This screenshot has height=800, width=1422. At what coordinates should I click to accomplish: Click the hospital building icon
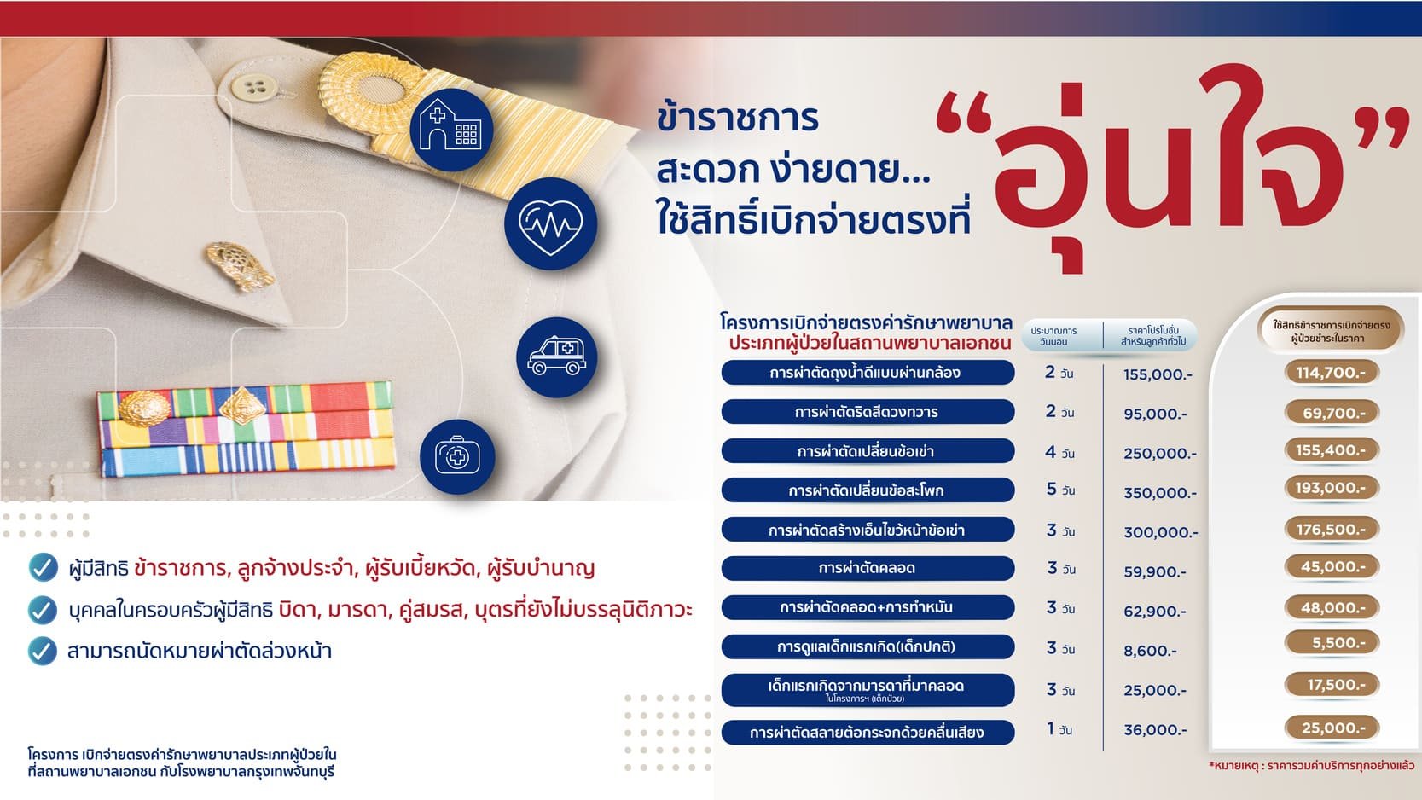pos(451,129)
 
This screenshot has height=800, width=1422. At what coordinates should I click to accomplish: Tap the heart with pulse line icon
pos(551,223)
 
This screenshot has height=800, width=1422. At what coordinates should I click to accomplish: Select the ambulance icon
pos(557,357)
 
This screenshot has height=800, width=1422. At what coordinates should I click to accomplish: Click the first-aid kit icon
pos(457,456)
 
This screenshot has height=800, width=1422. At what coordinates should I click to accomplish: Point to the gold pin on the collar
pos(239,264)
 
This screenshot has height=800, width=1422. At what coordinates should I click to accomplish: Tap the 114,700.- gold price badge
pos(1332,373)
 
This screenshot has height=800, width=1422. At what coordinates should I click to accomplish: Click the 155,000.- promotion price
pos(1158,374)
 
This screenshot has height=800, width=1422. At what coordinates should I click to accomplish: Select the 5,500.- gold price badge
pos(1332,643)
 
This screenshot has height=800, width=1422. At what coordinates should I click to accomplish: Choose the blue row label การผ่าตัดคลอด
pos(868,568)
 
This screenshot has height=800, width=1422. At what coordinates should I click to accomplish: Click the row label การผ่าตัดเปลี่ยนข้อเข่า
pos(868,451)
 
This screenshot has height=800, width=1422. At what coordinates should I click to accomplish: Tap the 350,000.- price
pos(1160,493)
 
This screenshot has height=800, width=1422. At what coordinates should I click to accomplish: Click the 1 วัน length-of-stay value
pos(1059,729)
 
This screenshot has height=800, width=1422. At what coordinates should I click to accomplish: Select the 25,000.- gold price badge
pos(1332,728)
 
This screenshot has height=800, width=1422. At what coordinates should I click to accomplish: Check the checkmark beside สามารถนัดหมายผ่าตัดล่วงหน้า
pos(43,652)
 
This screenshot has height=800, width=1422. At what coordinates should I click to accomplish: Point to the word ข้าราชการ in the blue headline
pos(738,119)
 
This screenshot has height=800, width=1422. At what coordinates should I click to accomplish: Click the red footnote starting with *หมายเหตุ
pos(1312,767)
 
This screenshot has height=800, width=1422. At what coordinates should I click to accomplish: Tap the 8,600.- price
pos(1150,651)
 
